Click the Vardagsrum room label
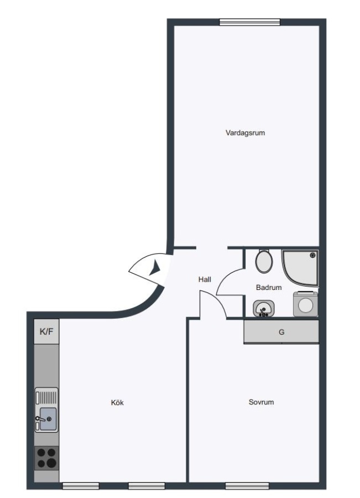[x=245, y=133]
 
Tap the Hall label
[x=205, y=279]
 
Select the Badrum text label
[x=269, y=287]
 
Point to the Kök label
[x=117, y=402]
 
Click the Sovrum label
[x=261, y=402]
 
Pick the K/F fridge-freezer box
[x=46, y=331]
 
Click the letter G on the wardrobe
[x=281, y=332]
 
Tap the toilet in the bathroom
[x=264, y=261]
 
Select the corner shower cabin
[x=300, y=268]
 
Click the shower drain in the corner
[x=313, y=255]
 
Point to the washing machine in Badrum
[x=305, y=304]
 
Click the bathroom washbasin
[x=264, y=308]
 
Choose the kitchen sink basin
[x=48, y=419]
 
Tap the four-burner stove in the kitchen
[x=46, y=458]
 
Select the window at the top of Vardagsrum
[x=250, y=22]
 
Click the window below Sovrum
[x=247, y=486]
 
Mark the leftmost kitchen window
[x=81, y=486]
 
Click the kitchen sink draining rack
[x=46, y=397]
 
